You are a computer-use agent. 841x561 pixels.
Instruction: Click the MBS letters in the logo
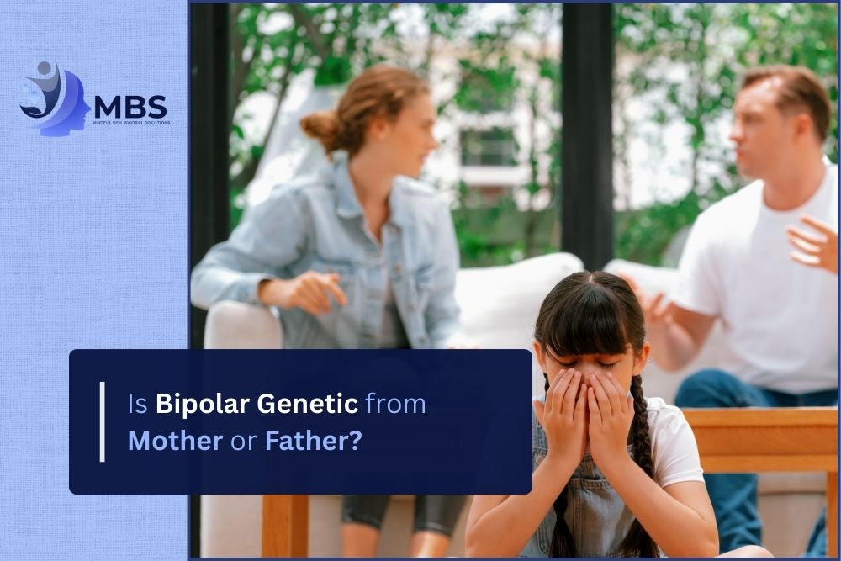point(130,108)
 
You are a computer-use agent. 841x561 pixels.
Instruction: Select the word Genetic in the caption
point(308,405)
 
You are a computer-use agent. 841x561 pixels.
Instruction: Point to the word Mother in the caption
point(175,441)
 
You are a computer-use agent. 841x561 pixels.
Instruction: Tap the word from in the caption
point(395,405)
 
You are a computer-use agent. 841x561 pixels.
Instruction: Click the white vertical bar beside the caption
point(102,421)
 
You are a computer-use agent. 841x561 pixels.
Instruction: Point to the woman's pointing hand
point(323,289)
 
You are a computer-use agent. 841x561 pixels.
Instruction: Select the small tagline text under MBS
point(130,123)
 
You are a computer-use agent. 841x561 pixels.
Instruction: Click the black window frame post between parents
point(586,126)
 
